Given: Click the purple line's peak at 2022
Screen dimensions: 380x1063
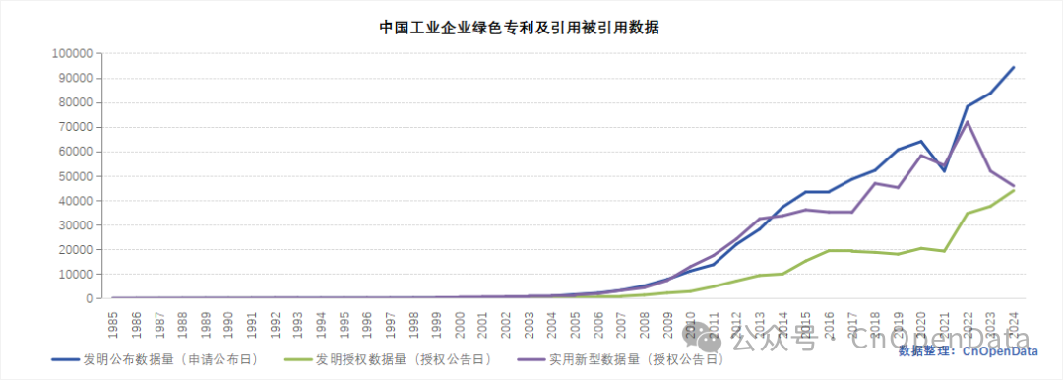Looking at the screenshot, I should click(x=968, y=122).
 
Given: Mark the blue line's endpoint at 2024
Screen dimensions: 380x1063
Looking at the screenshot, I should click(x=1014, y=67).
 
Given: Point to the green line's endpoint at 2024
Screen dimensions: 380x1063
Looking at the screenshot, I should click(x=1014, y=189).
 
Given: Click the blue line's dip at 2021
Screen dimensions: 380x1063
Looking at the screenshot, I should click(x=945, y=171).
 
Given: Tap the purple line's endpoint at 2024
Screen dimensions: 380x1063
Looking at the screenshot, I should click(x=1014, y=186).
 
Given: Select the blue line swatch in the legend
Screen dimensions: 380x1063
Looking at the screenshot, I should click(x=65, y=359).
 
